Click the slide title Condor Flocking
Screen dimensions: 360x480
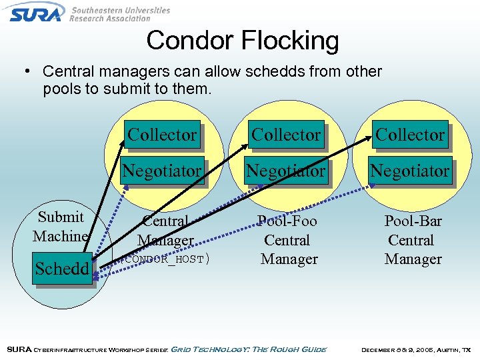pyautogui.click(x=242, y=41)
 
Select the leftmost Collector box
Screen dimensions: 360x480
pyautogui.click(x=162, y=135)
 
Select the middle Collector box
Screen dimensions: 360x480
pyautogui.click(x=286, y=135)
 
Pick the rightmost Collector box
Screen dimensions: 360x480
pyautogui.click(x=410, y=135)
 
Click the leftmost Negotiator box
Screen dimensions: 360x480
pyautogui.click(x=162, y=171)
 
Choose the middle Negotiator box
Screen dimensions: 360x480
pyautogui.click(x=286, y=171)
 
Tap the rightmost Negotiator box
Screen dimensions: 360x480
pyautogui.click(x=410, y=171)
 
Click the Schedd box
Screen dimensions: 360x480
pyautogui.click(x=62, y=269)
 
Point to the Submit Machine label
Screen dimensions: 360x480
pyautogui.click(x=61, y=226)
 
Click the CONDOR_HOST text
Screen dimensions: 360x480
pyautogui.click(x=167, y=259)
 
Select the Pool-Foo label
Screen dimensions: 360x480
pyautogui.click(x=287, y=221)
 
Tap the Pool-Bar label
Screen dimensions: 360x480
pyautogui.click(x=413, y=221)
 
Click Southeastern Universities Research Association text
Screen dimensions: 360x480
pyautogui.click(x=120, y=14)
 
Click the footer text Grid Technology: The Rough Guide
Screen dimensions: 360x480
pyautogui.click(x=249, y=349)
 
